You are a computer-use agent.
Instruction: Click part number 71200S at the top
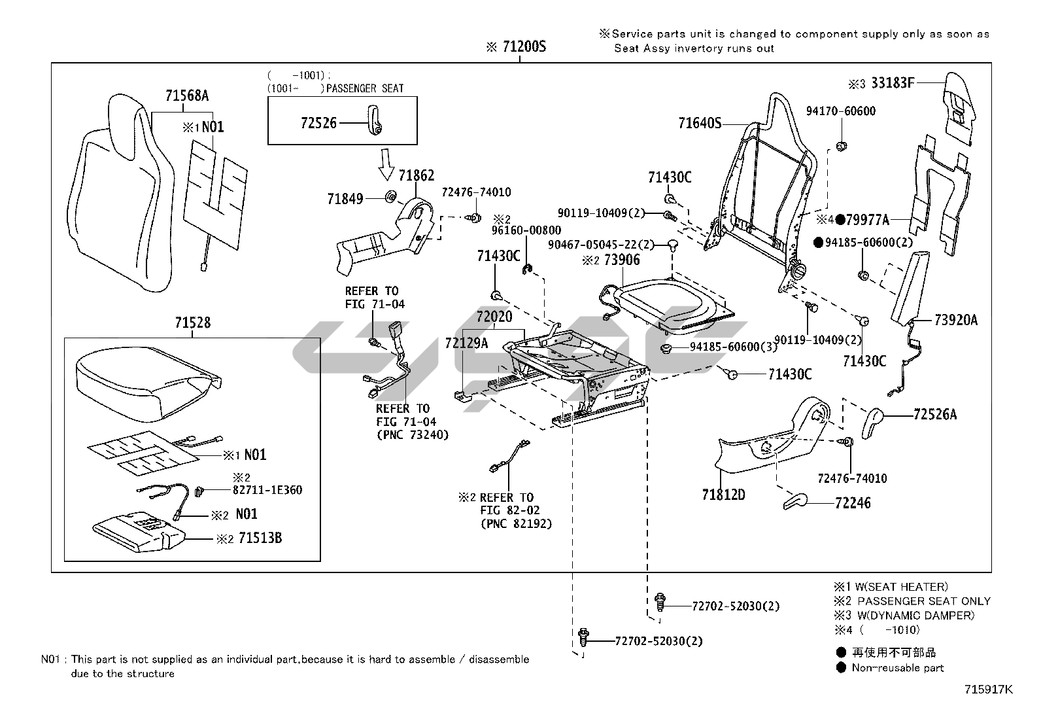point(524,47)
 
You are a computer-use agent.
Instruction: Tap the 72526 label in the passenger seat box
point(318,122)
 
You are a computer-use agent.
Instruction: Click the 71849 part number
point(345,198)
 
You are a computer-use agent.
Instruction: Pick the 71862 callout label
point(417,176)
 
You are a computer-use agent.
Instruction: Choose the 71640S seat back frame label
point(700,122)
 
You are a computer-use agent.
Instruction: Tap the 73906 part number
point(622,260)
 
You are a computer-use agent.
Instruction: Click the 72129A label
point(466,343)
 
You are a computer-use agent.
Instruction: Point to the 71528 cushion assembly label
point(193,323)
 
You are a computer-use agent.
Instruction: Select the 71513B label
point(260,538)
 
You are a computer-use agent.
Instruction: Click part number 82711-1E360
point(267,490)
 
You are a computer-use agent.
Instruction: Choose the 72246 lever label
point(853,503)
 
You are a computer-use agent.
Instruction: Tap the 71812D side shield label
point(723,495)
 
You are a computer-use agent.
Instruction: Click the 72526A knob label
point(934,414)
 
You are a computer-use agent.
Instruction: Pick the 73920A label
point(956,319)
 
